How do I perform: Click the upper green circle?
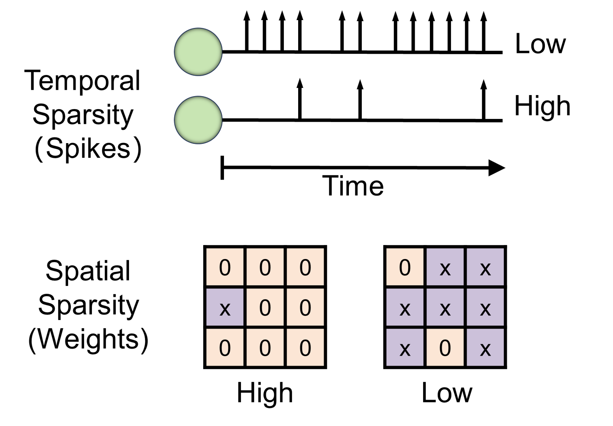coord(198,51)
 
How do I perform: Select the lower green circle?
coord(198,120)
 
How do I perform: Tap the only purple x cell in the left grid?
coord(225,307)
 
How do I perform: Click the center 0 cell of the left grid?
coord(265,307)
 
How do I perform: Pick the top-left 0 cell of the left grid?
coord(225,267)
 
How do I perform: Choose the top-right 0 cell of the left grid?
coord(305,267)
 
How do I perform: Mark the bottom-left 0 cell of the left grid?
coord(225,347)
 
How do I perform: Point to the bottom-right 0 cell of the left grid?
coord(305,347)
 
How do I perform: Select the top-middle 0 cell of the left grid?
coord(265,267)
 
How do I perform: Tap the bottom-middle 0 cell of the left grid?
coord(265,347)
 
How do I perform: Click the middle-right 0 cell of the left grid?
coord(305,307)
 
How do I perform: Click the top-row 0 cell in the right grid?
coord(405,267)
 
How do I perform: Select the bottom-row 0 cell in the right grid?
coord(445,347)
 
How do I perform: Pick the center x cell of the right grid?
coord(445,307)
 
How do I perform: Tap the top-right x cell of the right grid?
coord(485,267)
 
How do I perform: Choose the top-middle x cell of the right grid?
coord(445,267)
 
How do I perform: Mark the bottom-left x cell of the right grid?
coord(405,347)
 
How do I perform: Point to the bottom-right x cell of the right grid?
coord(485,347)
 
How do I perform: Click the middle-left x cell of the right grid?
coord(405,307)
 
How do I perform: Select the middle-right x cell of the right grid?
coord(485,307)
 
